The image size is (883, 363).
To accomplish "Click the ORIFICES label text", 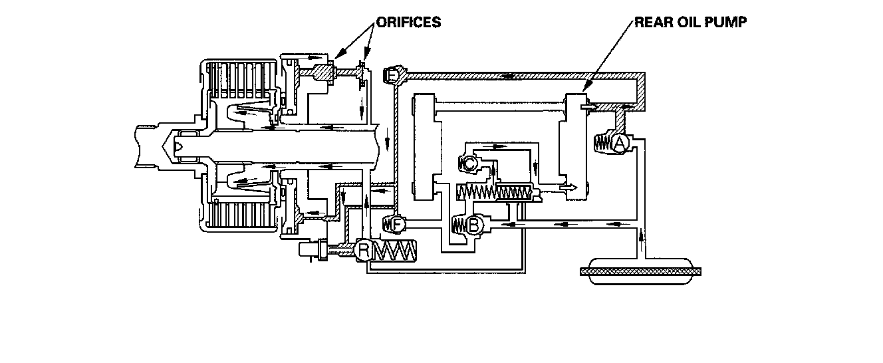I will [x=408, y=23].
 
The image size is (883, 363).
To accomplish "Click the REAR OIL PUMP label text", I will [x=691, y=23].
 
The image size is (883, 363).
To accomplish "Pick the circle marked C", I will [x=469, y=162].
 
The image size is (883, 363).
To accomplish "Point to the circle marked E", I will [x=392, y=77].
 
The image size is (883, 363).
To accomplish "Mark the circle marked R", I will [x=364, y=251].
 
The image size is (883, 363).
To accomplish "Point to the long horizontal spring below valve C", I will [x=495, y=193].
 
